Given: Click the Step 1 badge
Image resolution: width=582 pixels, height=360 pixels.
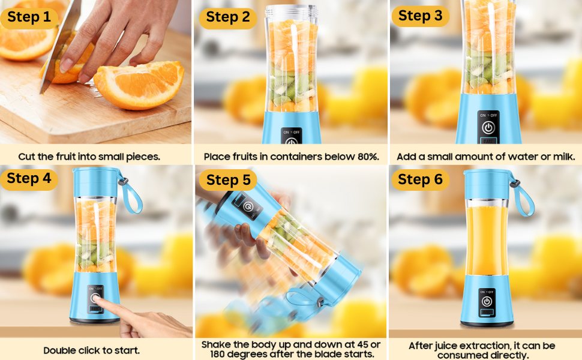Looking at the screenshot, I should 29,17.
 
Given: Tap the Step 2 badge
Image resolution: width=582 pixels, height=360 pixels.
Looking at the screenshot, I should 227,17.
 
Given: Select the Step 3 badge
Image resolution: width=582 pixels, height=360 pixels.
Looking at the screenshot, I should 420,16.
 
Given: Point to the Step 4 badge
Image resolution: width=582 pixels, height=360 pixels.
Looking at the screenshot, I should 29,178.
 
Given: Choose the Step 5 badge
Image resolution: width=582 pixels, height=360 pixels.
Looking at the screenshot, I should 228,180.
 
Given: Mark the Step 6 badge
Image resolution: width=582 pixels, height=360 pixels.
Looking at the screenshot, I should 420,179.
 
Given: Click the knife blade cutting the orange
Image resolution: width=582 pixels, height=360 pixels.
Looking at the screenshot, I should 60,42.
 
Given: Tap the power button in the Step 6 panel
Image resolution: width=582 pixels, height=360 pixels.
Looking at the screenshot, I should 487,302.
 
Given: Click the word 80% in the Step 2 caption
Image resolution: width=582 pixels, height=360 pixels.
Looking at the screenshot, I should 365,157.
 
